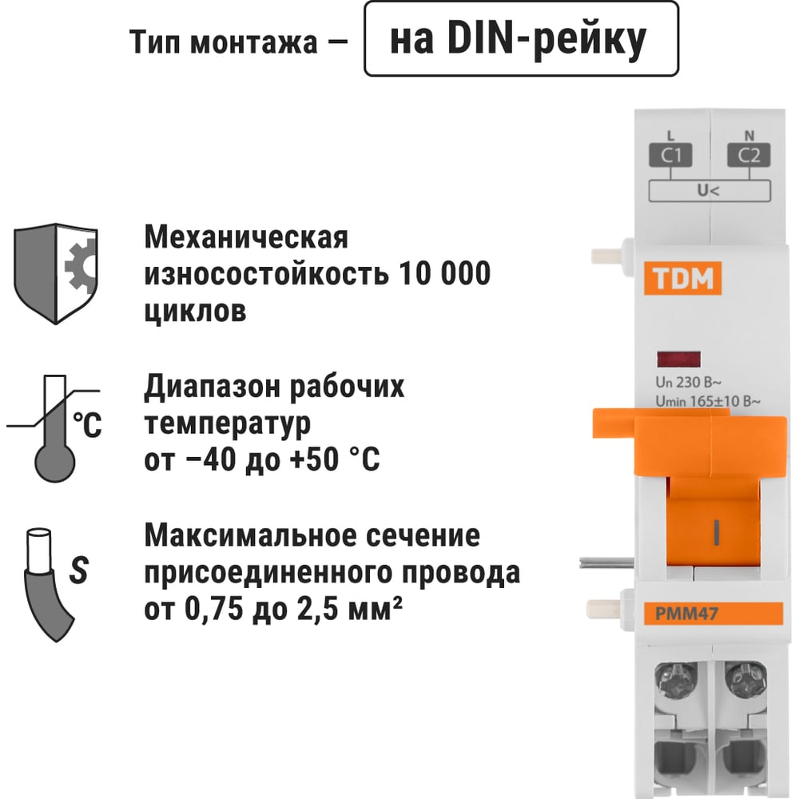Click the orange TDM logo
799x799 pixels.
click(x=682, y=278)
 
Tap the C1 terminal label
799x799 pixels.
click(x=670, y=155)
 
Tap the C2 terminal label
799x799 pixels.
click(x=749, y=155)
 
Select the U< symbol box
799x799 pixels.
click(x=710, y=191)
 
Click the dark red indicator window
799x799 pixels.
click(x=678, y=360)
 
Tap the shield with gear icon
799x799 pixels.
click(x=56, y=273)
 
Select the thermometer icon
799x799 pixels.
click(x=54, y=428)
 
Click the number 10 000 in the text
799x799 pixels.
click(x=444, y=273)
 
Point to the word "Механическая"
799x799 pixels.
click(x=246, y=237)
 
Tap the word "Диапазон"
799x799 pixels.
click(x=210, y=388)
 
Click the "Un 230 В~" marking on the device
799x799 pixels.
click(x=689, y=382)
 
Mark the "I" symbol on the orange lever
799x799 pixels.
click(x=717, y=532)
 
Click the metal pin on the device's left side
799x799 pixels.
click(x=606, y=563)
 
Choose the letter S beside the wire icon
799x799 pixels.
click(x=79, y=569)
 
